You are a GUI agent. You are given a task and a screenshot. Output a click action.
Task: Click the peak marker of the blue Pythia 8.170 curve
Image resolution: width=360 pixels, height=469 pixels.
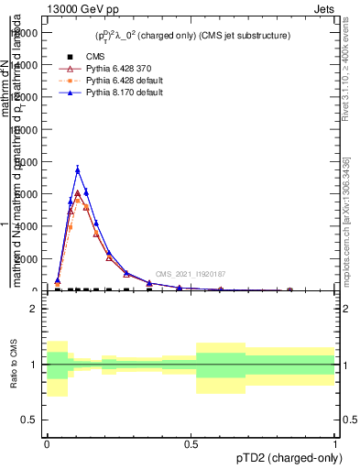click(x=78, y=169)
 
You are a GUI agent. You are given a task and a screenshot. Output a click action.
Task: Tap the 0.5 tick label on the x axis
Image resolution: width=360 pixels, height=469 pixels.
click(x=191, y=444)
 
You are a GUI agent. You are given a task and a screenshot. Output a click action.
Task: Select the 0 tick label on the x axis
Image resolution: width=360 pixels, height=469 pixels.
click(x=47, y=444)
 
